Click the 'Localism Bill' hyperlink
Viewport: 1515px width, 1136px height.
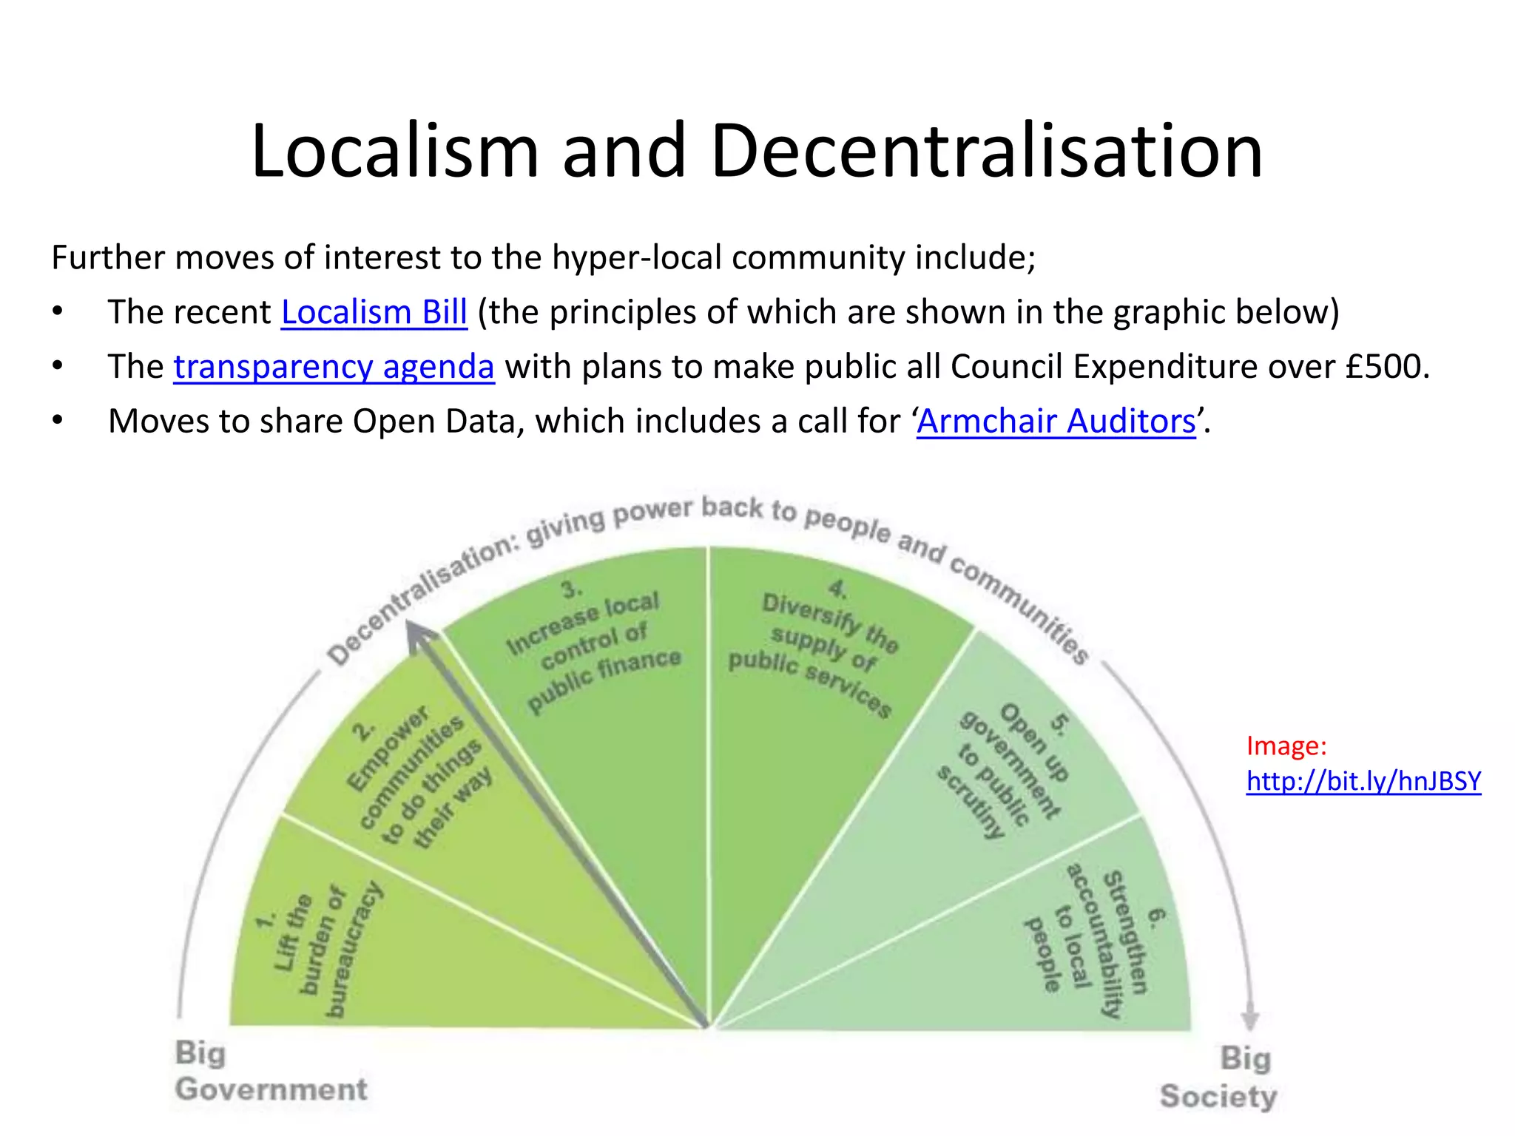pyautogui.click(x=374, y=312)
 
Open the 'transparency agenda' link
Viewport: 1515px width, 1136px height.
pyautogui.click(x=334, y=367)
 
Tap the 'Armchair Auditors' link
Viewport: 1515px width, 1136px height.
pyautogui.click(x=1056, y=422)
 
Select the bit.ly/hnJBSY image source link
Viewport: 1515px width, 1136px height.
pyautogui.click(x=1363, y=781)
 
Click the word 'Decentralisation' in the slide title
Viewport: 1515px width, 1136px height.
pyautogui.click(x=987, y=152)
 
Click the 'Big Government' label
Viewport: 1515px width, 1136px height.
pyautogui.click(x=270, y=1072)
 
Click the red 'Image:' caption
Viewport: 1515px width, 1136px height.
pyautogui.click(x=1286, y=745)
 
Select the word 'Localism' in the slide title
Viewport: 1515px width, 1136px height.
pyautogui.click(x=395, y=152)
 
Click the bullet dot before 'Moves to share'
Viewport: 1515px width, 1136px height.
pyautogui.click(x=58, y=420)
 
